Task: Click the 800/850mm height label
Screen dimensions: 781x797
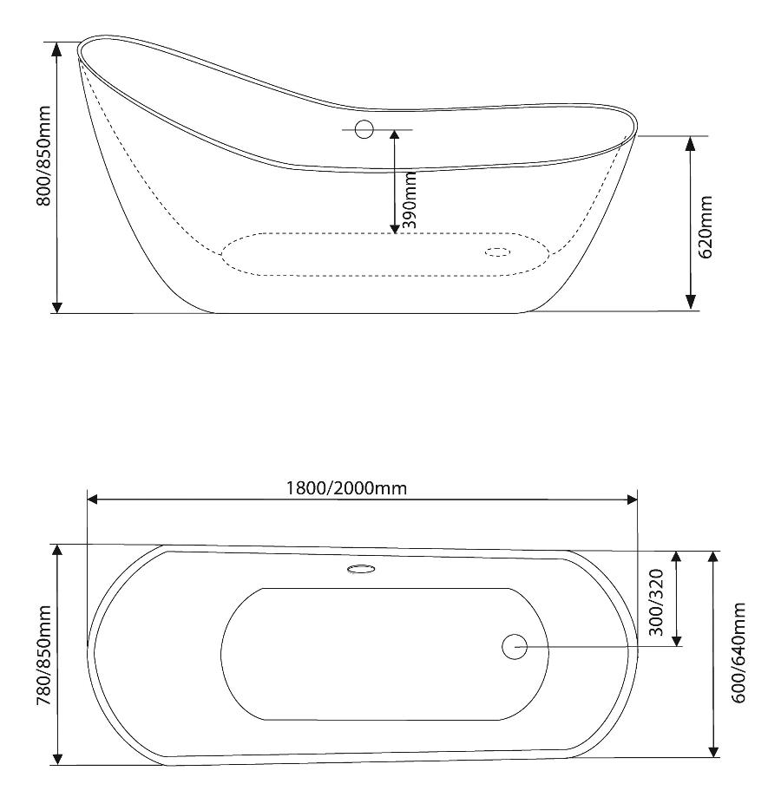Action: tap(43, 156)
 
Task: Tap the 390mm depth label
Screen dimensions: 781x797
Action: tap(410, 199)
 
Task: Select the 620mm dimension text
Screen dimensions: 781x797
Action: tap(706, 226)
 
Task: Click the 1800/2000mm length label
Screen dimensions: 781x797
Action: tap(346, 488)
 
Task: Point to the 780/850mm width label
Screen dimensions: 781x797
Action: tap(43, 656)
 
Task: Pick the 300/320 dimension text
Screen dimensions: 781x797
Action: tap(656, 603)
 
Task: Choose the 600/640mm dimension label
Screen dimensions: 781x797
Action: tap(738, 653)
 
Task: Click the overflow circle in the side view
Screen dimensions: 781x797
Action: tap(364, 129)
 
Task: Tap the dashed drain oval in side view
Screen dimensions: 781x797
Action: tap(498, 252)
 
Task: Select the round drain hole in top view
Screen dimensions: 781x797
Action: tap(514, 647)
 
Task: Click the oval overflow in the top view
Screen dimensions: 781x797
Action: tap(362, 569)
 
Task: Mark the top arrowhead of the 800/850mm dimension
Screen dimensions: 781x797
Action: tap(57, 49)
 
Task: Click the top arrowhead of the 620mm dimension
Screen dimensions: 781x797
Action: tap(691, 143)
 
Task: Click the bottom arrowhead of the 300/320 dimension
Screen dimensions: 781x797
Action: tap(676, 639)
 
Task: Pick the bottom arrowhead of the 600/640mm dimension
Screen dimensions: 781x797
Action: tap(714, 750)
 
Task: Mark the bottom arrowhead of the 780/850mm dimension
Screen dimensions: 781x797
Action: tap(57, 757)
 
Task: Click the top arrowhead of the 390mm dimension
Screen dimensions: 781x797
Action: tap(395, 137)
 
